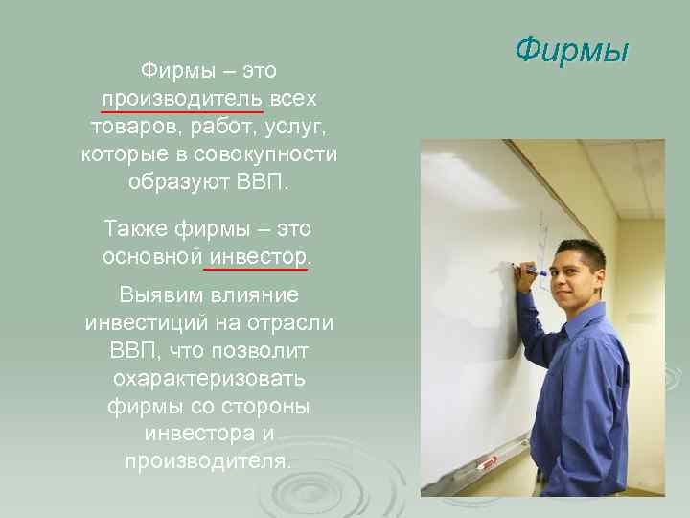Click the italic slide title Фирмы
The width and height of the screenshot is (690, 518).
tap(570, 50)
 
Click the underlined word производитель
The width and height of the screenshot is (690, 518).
tap(182, 99)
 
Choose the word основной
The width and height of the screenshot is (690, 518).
tap(151, 256)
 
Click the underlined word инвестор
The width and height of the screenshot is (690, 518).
tap(258, 256)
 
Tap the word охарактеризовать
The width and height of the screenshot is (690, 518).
tap(208, 377)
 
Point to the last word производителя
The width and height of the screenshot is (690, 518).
tap(208, 460)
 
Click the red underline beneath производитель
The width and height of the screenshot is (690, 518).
tap(182, 112)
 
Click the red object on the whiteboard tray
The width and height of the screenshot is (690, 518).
tap(487, 462)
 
